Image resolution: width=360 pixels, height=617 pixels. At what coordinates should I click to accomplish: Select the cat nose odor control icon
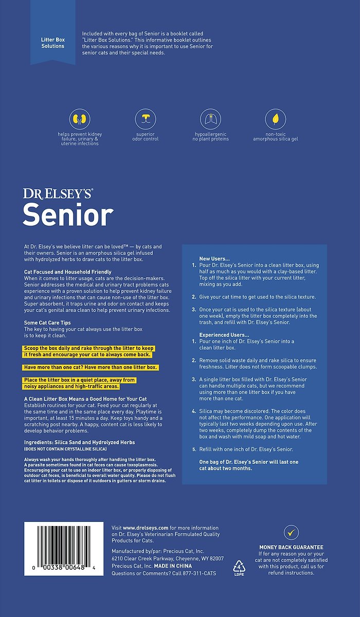point(146,119)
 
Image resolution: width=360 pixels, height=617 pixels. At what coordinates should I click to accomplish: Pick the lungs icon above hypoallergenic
point(210,119)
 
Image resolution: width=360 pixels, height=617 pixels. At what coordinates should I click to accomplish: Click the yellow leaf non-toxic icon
point(276,119)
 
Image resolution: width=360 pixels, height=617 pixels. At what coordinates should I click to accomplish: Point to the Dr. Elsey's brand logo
point(58,194)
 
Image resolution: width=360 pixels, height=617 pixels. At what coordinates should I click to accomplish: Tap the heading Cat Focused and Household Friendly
point(68,271)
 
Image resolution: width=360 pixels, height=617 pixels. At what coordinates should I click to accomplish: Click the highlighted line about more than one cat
point(90,367)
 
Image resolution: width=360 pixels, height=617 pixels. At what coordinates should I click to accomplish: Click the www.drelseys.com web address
point(147,528)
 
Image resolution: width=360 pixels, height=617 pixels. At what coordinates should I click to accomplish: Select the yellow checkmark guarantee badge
point(291,532)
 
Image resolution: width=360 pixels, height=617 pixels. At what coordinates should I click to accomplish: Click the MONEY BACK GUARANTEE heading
point(291,547)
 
